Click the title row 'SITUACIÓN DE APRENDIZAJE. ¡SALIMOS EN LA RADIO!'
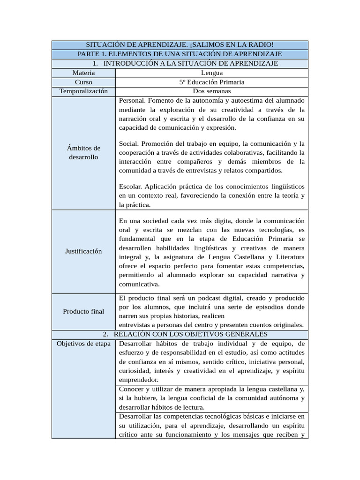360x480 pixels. tap(180, 45)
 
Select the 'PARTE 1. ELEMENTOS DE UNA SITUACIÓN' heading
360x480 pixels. tap(180, 54)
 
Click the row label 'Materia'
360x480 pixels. tap(83, 73)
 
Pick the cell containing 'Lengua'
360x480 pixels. tap(212, 73)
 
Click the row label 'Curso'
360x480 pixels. tap(83, 82)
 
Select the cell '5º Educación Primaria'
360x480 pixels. tap(212, 82)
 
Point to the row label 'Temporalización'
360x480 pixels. tap(83, 91)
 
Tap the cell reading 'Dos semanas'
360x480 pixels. tap(212, 91)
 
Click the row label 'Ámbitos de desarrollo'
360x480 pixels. tap(83, 152)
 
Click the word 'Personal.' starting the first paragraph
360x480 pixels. tap(132, 100)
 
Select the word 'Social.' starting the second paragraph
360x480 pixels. tap(129, 143)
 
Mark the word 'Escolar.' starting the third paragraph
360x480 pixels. tap(131, 187)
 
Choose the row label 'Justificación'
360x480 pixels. tap(83, 251)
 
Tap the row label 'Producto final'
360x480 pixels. tap(83, 311)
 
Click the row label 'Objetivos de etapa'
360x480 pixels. tap(83, 344)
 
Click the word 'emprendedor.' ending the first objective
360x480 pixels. tap(139, 380)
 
